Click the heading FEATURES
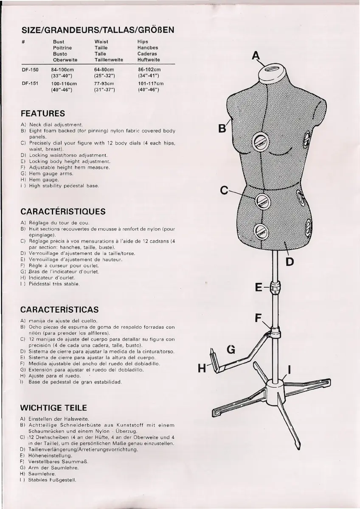[43, 114]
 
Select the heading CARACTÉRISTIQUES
[63, 211]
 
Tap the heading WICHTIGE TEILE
[53, 408]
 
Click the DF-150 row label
[30, 70]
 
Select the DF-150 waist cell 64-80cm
[104, 70]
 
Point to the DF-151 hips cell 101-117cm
[151, 84]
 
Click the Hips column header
[143, 42]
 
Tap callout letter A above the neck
[256, 55]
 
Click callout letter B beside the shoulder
[222, 128]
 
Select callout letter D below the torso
[290, 261]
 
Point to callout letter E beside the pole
[259, 287]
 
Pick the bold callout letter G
[231, 350]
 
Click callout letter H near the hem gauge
[202, 368]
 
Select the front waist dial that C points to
[262, 201]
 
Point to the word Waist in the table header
[101, 42]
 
